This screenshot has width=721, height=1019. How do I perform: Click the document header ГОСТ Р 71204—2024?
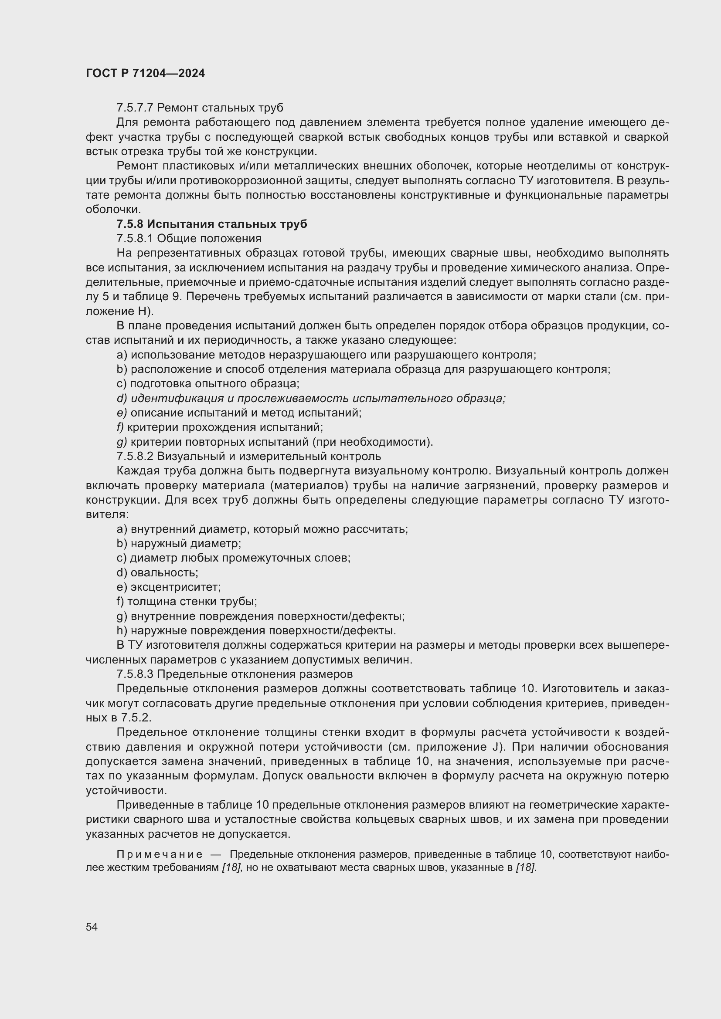coord(145,74)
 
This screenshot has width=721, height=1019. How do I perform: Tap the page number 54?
coord(92,927)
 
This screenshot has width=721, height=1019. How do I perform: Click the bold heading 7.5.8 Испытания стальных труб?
coord(212,224)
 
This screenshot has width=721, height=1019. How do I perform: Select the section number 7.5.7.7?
coord(135,108)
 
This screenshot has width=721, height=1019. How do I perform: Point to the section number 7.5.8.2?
coord(135,456)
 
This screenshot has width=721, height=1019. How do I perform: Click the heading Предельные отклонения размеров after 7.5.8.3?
coord(255,674)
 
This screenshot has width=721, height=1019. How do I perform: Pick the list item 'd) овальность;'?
coord(157,572)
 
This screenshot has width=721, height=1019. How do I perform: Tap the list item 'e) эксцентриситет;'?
coord(168,587)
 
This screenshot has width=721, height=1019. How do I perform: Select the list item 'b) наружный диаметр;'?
coord(178,544)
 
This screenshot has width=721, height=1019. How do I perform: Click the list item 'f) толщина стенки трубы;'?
coord(187,602)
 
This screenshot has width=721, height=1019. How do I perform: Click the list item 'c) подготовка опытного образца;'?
coord(208,384)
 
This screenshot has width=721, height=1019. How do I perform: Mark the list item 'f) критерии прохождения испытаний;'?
coord(220,427)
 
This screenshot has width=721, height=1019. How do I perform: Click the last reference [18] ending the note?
coord(526,868)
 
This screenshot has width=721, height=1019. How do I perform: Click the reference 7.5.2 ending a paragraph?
coord(136,718)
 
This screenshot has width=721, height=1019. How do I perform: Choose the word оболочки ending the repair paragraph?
coord(113,210)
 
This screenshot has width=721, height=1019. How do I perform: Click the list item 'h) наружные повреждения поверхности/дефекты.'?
coord(256,631)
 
